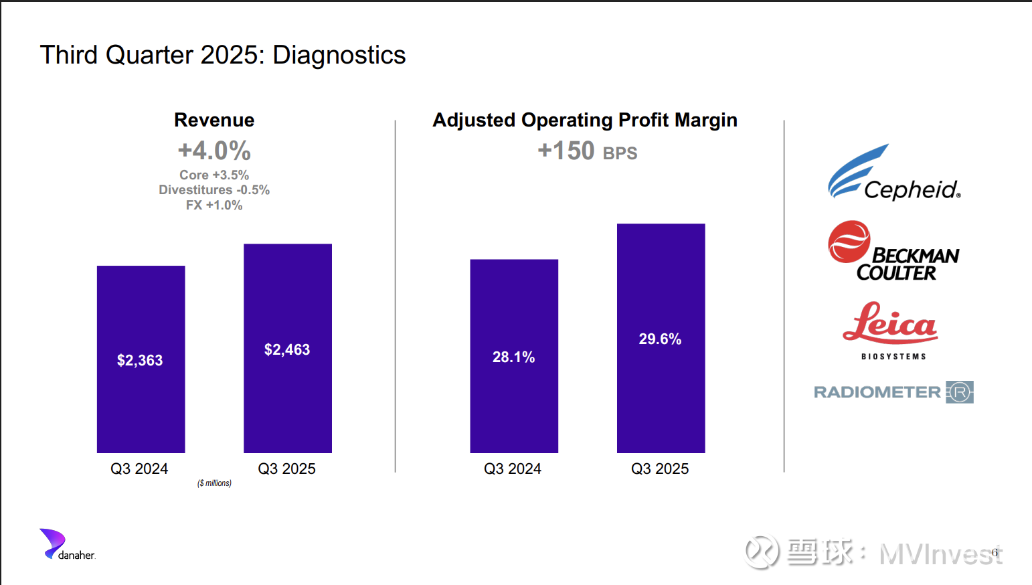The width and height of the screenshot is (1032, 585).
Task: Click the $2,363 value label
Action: [x=140, y=360]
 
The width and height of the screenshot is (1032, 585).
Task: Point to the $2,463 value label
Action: [x=287, y=349]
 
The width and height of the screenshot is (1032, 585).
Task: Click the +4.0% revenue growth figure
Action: [x=214, y=151]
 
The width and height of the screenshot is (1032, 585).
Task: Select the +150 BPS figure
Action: [x=587, y=151]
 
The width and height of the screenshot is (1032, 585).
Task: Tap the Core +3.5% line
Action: [x=214, y=175]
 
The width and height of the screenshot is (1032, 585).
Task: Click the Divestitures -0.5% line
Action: [x=214, y=190]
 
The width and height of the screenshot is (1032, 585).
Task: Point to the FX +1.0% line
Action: [x=214, y=205]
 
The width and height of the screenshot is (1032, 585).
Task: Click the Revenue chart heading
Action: [x=214, y=120]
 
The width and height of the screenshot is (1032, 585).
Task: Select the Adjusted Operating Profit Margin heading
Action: [x=585, y=120]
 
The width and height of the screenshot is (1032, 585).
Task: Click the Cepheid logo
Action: [x=893, y=174]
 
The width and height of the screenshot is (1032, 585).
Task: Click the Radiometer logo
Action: [x=893, y=392]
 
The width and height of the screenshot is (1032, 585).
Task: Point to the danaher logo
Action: [x=67, y=545]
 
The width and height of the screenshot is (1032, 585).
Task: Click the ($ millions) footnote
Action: [x=214, y=483]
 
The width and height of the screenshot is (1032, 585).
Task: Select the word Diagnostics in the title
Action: [x=339, y=55]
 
